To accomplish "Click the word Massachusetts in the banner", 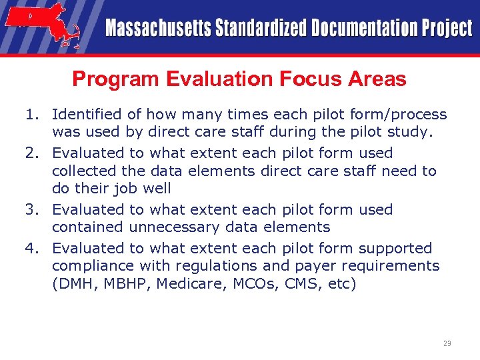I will point(157,29).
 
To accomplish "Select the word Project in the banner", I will point(446,29).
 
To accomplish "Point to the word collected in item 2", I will point(83,171).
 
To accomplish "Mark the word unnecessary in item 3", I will point(173,227).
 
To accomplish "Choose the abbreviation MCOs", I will point(263,284).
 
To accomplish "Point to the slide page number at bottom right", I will point(447,343).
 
